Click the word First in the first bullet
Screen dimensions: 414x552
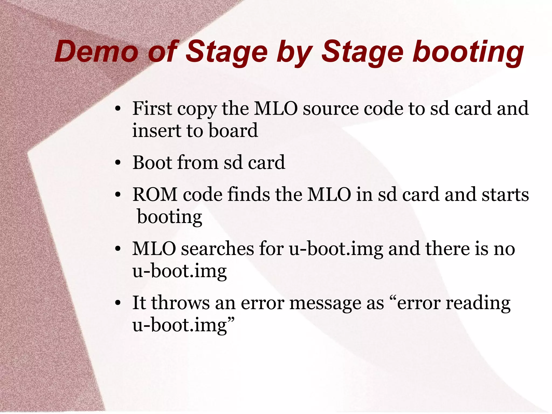[152, 108]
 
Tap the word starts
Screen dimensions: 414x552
[505, 194]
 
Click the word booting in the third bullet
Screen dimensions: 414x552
[170, 217]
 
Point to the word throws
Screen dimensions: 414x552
[180, 303]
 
